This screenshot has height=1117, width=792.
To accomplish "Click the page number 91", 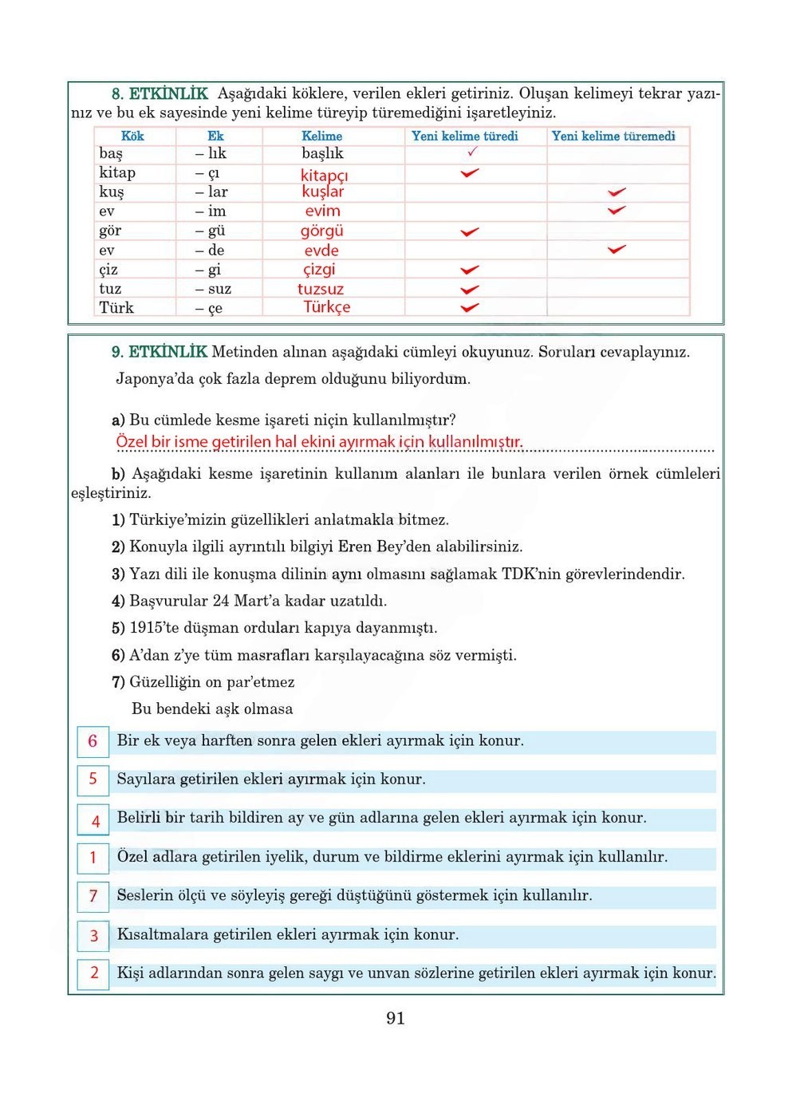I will click(x=395, y=1018).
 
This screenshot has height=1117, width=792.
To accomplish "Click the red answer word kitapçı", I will click(x=324, y=175).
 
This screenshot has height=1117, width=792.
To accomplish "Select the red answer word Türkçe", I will click(x=326, y=307).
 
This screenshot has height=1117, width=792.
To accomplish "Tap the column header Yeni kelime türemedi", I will click(x=613, y=136).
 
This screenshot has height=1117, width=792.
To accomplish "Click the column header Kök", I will click(x=132, y=136).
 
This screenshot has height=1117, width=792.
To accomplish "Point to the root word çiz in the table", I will click(x=108, y=270).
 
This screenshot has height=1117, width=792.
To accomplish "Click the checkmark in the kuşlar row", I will click(x=617, y=192).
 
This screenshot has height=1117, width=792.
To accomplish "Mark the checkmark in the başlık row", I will click(x=472, y=152).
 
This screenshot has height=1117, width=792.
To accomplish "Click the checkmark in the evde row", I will click(x=617, y=250).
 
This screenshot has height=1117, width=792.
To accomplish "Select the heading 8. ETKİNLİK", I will click(x=160, y=94).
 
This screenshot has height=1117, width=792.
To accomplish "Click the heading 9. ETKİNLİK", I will click(x=160, y=352).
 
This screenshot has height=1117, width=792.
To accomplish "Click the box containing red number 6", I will click(x=93, y=741).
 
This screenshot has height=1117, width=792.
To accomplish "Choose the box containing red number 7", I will click(x=93, y=896).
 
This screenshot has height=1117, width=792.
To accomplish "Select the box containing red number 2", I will click(x=93, y=973).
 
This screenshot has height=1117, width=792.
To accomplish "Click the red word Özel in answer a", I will click(x=132, y=442).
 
